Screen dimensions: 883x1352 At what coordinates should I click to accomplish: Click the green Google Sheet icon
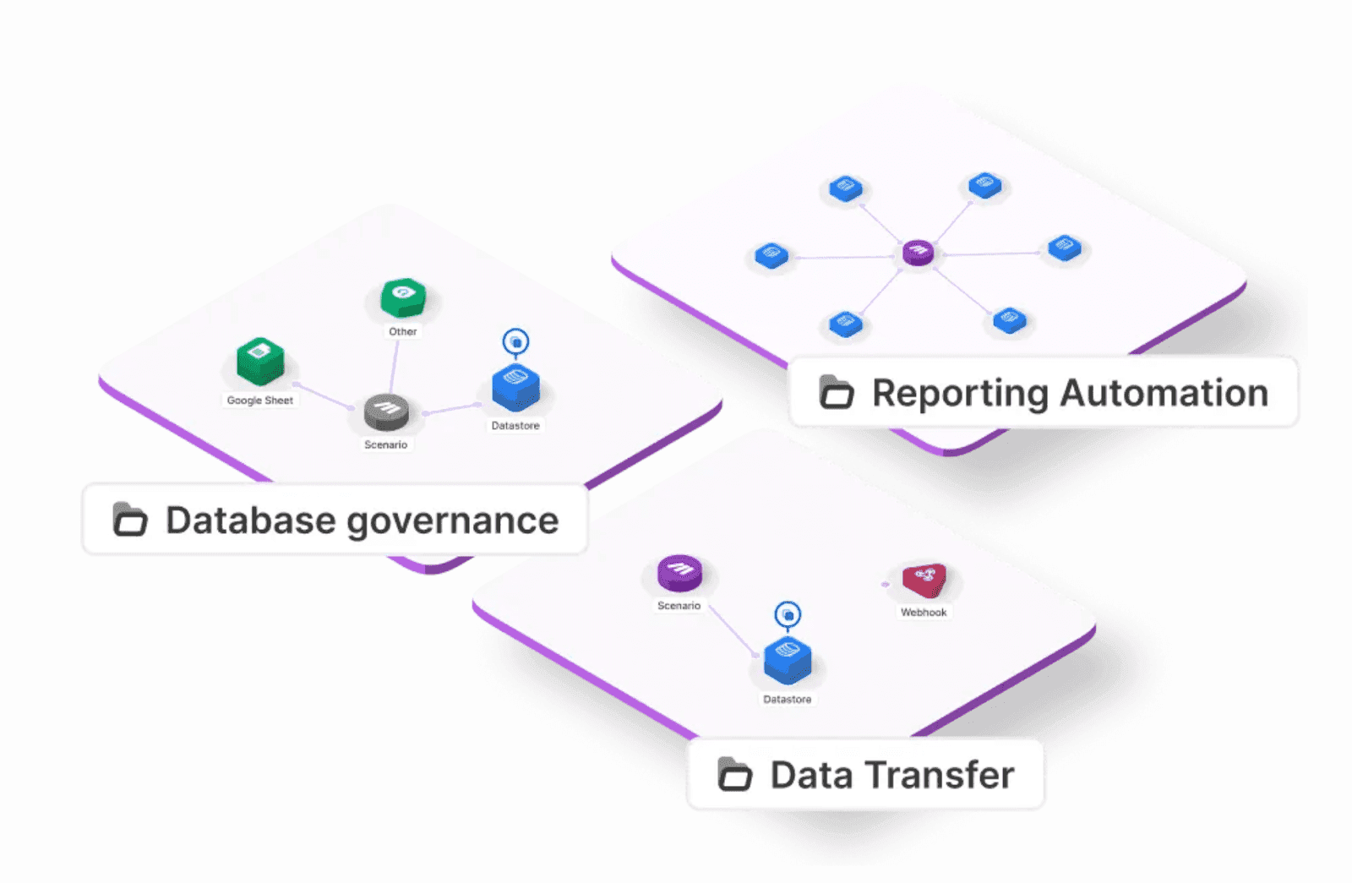(x=260, y=362)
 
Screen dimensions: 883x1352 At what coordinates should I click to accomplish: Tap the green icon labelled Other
(x=403, y=297)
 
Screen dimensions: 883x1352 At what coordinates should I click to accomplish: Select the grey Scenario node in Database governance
(x=386, y=412)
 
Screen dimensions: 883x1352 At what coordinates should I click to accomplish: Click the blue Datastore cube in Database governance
(x=515, y=388)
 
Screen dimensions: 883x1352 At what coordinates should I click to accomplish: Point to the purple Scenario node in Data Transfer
(x=679, y=573)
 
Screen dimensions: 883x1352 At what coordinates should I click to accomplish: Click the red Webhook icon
(x=924, y=580)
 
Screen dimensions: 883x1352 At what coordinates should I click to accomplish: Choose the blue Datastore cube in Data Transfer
(x=787, y=661)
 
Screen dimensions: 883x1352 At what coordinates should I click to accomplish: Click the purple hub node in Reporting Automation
(x=918, y=252)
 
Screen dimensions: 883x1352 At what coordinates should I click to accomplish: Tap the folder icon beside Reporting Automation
(x=837, y=392)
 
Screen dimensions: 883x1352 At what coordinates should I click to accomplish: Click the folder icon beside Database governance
(x=130, y=520)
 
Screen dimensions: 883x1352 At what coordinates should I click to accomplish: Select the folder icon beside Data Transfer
(x=734, y=774)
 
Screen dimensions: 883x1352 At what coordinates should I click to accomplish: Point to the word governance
(x=453, y=521)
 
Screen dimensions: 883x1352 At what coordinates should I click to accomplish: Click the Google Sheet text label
(x=259, y=401)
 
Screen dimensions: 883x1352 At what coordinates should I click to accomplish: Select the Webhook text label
(x=924, y=613)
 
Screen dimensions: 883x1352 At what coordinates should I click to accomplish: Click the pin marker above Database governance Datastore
(x=515, y=342)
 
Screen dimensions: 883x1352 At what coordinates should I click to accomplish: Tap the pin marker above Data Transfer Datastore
(x=788, y=615)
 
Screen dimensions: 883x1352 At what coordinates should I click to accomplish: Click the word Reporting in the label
(x=960, y=394)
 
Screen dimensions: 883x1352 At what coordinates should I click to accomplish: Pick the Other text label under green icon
(x=402, y=332)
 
